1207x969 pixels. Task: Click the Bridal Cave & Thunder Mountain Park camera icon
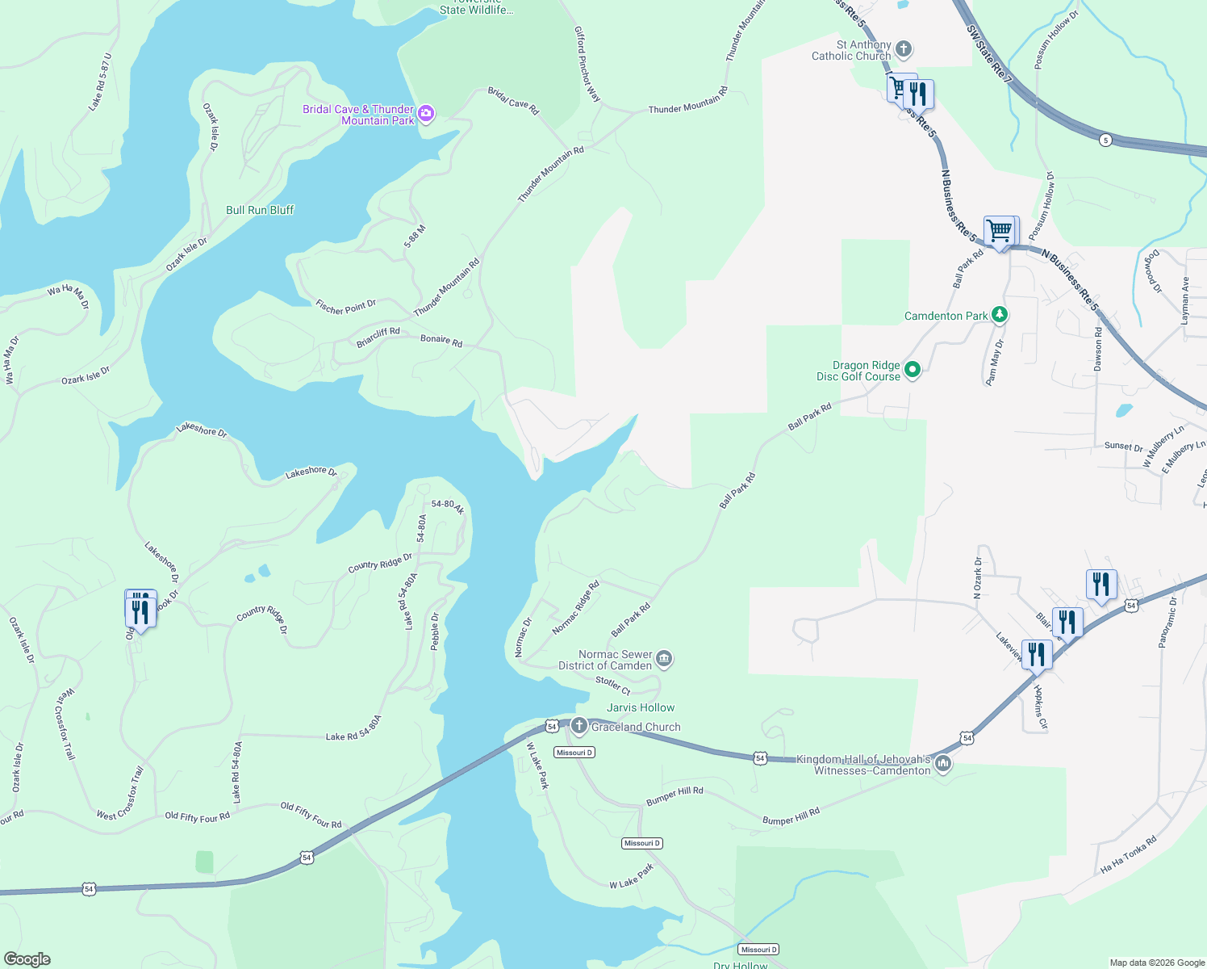click(x=426, y=115)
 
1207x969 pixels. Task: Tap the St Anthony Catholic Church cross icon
click(x=904, y=50)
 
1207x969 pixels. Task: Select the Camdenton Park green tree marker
click(x=1000, y=315)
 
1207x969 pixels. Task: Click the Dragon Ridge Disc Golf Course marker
click(x=913, y=370)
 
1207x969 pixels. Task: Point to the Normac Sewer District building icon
click(x=663, y=660)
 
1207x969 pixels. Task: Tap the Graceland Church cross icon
click(x=578, y=726)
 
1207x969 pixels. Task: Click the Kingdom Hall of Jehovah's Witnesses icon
click(x=942, y=764)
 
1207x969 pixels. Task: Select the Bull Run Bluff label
click(x=260, y=210)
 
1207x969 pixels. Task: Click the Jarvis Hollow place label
click(x=641, y=707)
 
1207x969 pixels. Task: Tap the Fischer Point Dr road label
click(x=345, y=307)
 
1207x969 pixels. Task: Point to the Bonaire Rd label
click(x=441, y=341)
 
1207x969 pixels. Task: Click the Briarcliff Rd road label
click(x=378, y=338)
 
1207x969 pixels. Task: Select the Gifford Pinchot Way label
click(x=587, y=64)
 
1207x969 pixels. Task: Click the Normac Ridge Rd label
click(x=575, y=607)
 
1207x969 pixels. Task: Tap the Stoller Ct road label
click(x=612, y=685)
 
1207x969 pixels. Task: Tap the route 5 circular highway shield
click(x=1105, y=140)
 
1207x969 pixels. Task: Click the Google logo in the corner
click(x=27, y=959)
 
